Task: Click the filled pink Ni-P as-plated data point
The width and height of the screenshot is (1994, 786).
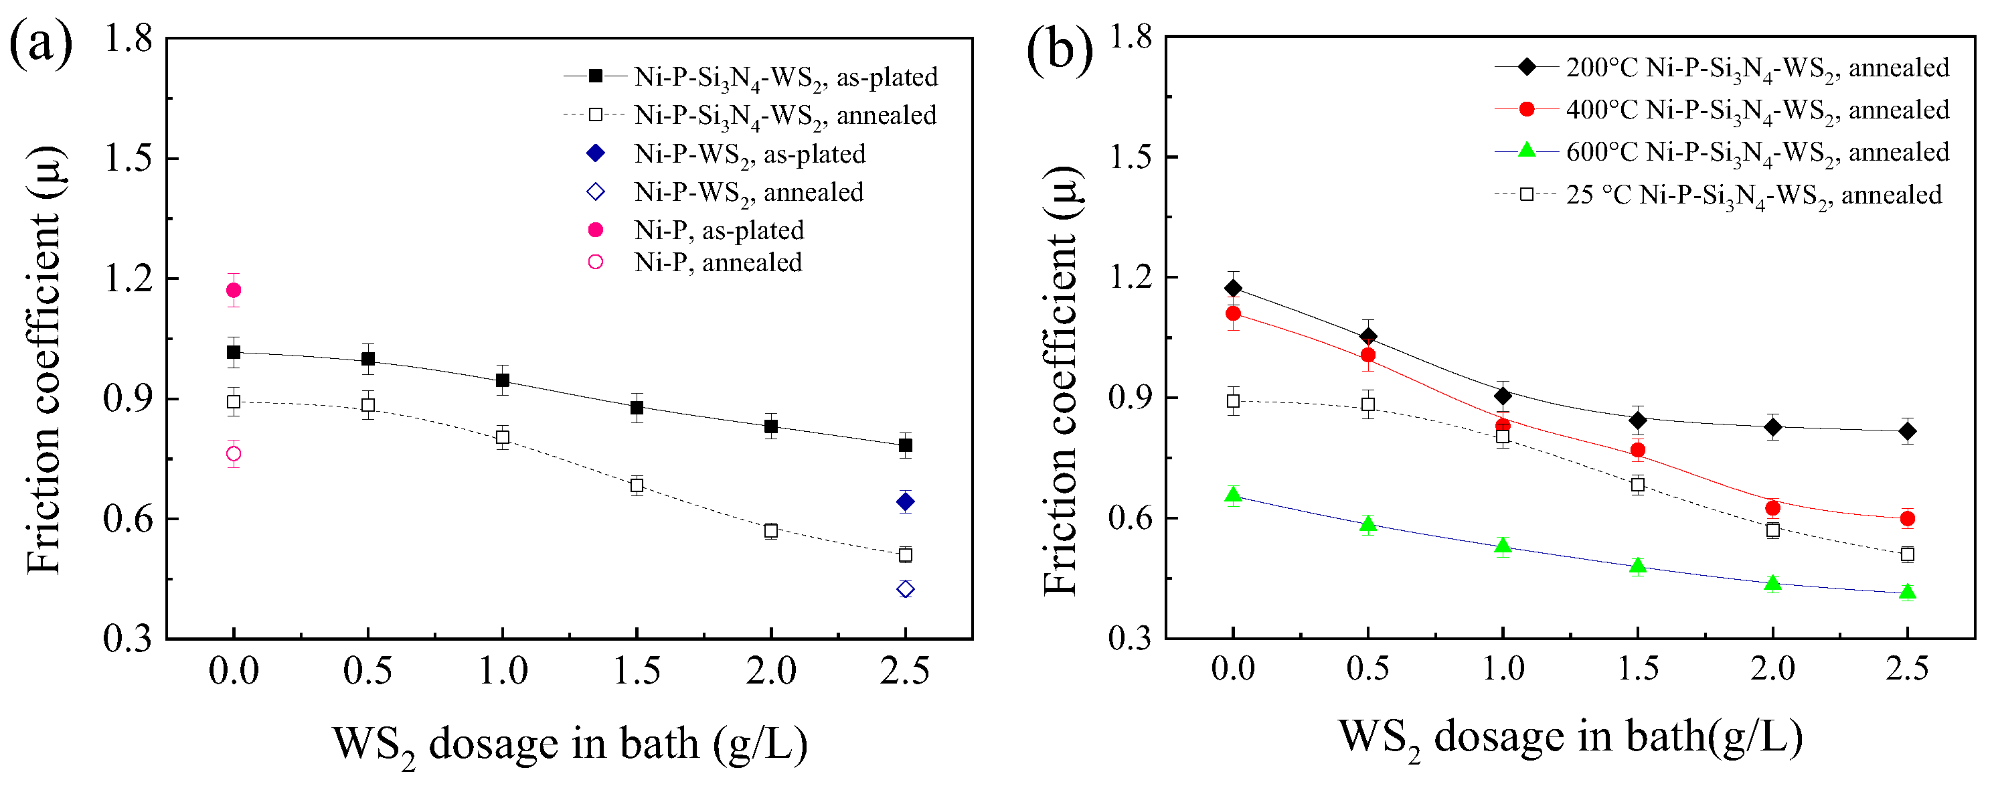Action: [x=233, y=291]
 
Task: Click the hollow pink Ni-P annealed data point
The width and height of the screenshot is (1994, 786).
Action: [x=233, y=454]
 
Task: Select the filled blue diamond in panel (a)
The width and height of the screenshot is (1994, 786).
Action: [x=905, y=502]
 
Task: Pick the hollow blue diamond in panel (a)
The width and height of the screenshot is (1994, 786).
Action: [x=905, y=589]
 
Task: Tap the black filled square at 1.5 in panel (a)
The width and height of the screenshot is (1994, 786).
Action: [x=637, y=407]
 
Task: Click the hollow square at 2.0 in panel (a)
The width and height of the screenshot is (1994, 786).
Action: [x=770, y=530]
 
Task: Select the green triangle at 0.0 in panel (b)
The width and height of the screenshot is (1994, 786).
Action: [x=1233, y=495]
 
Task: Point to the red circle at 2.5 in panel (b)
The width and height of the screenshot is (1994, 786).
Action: [x=1907, y=519]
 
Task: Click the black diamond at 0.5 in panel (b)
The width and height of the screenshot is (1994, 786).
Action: [x=1367, y=336]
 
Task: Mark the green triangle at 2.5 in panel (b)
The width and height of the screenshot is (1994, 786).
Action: [x=1907, y=593]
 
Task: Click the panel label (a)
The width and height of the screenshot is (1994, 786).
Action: [x=40, y=44]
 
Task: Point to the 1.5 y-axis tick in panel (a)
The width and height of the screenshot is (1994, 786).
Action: [x=128, y=158]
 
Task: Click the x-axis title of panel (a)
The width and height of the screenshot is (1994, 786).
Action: [x=570, y=743]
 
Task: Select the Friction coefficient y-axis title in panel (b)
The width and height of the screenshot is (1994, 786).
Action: [x=1060, y=380]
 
